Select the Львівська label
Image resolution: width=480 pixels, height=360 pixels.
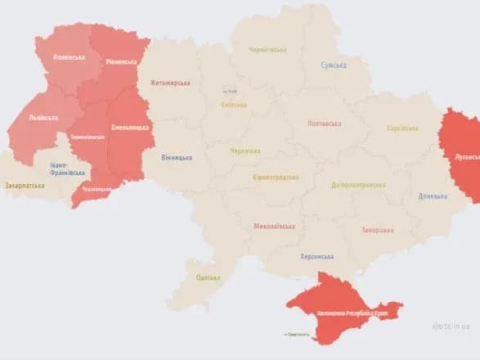pyautogui.click(x=43, y=118)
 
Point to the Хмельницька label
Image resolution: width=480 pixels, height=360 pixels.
pyautogui.click(x=130, y=127)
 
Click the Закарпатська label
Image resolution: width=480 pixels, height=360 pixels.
pyautogui.click(x=25, y=186)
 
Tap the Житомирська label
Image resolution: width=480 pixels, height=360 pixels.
pyautogui.click(x=169, y=83)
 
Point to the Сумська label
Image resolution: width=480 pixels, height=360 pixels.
pyautogui.click(x=333, y=65)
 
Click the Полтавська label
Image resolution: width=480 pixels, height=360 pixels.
pyautogui.click(x=323, y=123)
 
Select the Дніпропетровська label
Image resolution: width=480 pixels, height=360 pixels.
pyautogui.click(x=358, y=185)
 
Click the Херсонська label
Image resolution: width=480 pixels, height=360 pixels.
pyautogui.click(x=316, y=256)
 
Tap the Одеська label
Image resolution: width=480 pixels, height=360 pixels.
pyautogui.click(x=208, y=278)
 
